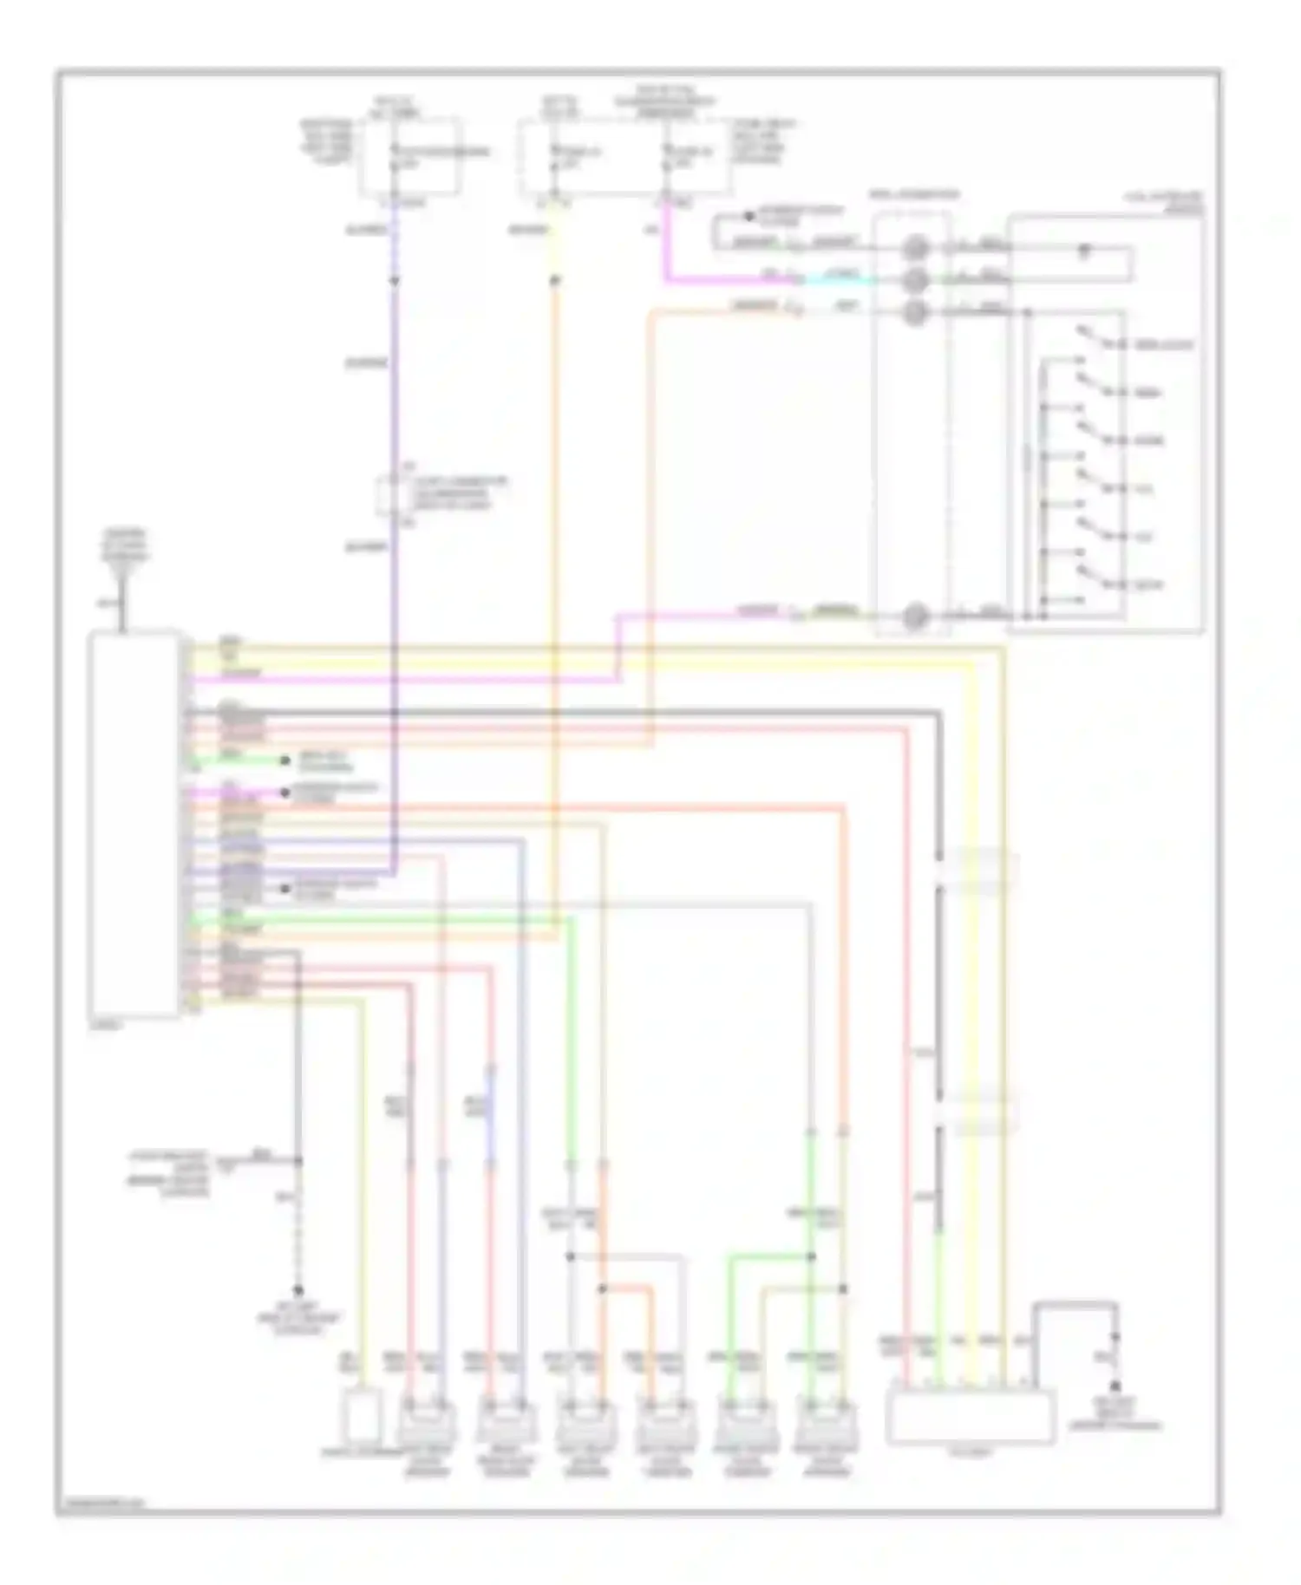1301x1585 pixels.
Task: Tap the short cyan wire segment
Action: pos(833,279)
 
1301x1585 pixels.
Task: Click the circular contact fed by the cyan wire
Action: pos(914,280)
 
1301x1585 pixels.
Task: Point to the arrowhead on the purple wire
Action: pos(395,282)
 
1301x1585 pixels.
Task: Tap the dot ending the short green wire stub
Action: pos(284,760)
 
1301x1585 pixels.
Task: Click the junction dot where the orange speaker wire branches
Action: pos(602,1289)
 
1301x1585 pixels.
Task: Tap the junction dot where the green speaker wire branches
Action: pos(811,1256)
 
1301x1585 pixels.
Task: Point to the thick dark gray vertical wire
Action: pos(938,954)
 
